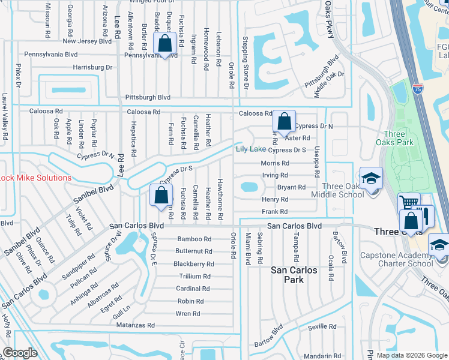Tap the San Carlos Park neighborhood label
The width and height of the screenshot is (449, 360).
(x=294, y=275)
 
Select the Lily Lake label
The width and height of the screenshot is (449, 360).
(x=250, y=149)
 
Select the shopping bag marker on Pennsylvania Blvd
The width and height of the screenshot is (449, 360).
(x=164, y=44)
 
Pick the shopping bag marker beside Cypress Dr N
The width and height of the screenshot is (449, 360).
(x=285, y=121)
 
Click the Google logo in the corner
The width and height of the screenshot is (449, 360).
(x=20, y=353)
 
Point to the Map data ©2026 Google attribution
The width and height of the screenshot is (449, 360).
(x=411, y=355)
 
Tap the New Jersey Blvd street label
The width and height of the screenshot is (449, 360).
(x=87, y=41)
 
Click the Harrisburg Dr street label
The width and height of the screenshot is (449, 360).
(x=92, y=67)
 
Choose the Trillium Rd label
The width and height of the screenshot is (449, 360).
(x=194, y=277)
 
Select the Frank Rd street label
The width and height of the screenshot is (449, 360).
(x=274, y=212)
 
